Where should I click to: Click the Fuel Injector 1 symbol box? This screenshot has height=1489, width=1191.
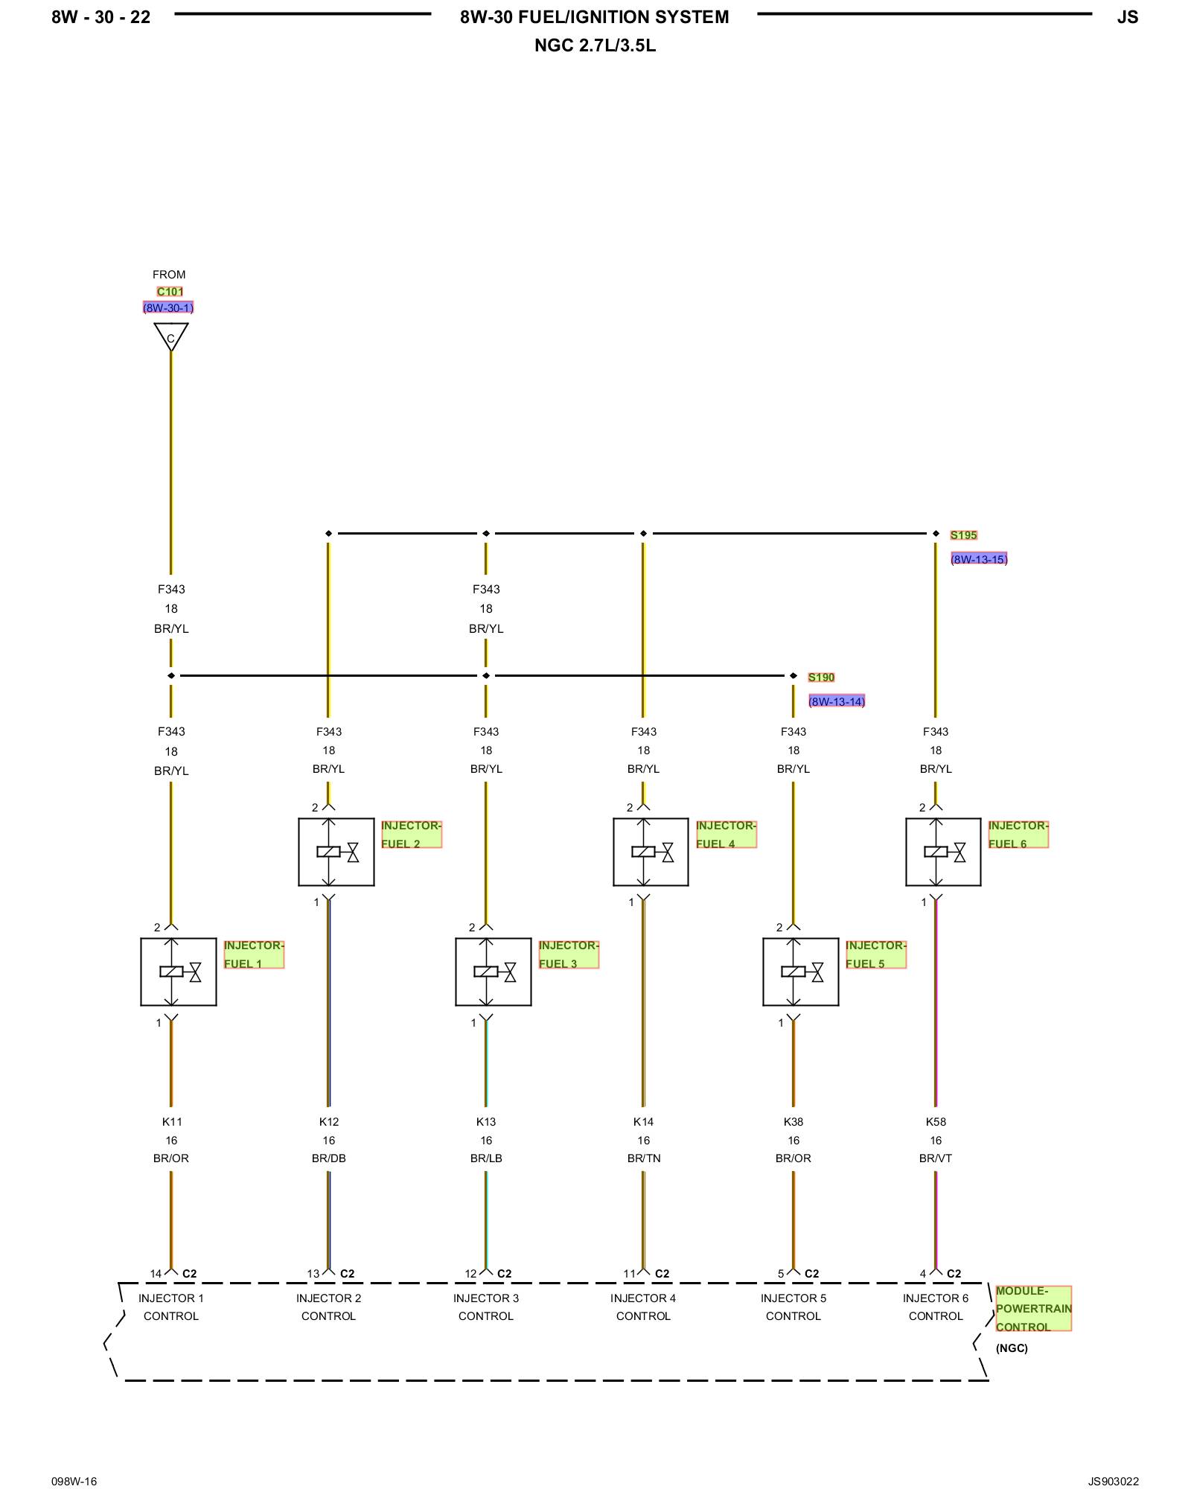click(179, 972)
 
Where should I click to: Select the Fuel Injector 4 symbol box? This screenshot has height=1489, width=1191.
click(651, 852)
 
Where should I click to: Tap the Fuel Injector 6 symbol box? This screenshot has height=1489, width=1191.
click(943, 852)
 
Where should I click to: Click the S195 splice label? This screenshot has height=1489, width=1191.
click(963, 535)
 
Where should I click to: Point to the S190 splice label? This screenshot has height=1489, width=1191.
click(821, 677)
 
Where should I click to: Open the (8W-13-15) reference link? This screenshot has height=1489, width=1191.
click(979, 559)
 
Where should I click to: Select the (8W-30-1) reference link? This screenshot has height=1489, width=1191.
click(168, 307)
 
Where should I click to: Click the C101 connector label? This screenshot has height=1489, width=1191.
click(170, 292)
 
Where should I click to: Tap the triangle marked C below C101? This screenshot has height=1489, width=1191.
click(171, 336)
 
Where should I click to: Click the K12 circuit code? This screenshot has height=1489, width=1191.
click(329, 1122)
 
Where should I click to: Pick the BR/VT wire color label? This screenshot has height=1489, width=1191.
click(936, 1158)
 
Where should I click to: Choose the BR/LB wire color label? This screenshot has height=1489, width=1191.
click(486, 1158)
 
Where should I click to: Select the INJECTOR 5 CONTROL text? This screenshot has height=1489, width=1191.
click(794, 1307)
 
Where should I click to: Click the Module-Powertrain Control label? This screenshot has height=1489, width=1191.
click(1033, 1309)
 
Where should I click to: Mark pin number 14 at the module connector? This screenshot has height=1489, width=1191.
click(156, 1274)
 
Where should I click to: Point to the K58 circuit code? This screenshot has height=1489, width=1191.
click(936, 1122)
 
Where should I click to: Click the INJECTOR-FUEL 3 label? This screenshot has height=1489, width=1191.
click(569, 954)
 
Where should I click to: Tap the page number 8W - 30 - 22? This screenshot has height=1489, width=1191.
click(100, 17)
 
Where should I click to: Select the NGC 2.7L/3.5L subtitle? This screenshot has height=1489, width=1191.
click(595, 45)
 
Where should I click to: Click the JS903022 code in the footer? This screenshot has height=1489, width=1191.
click(1113, 1482)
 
